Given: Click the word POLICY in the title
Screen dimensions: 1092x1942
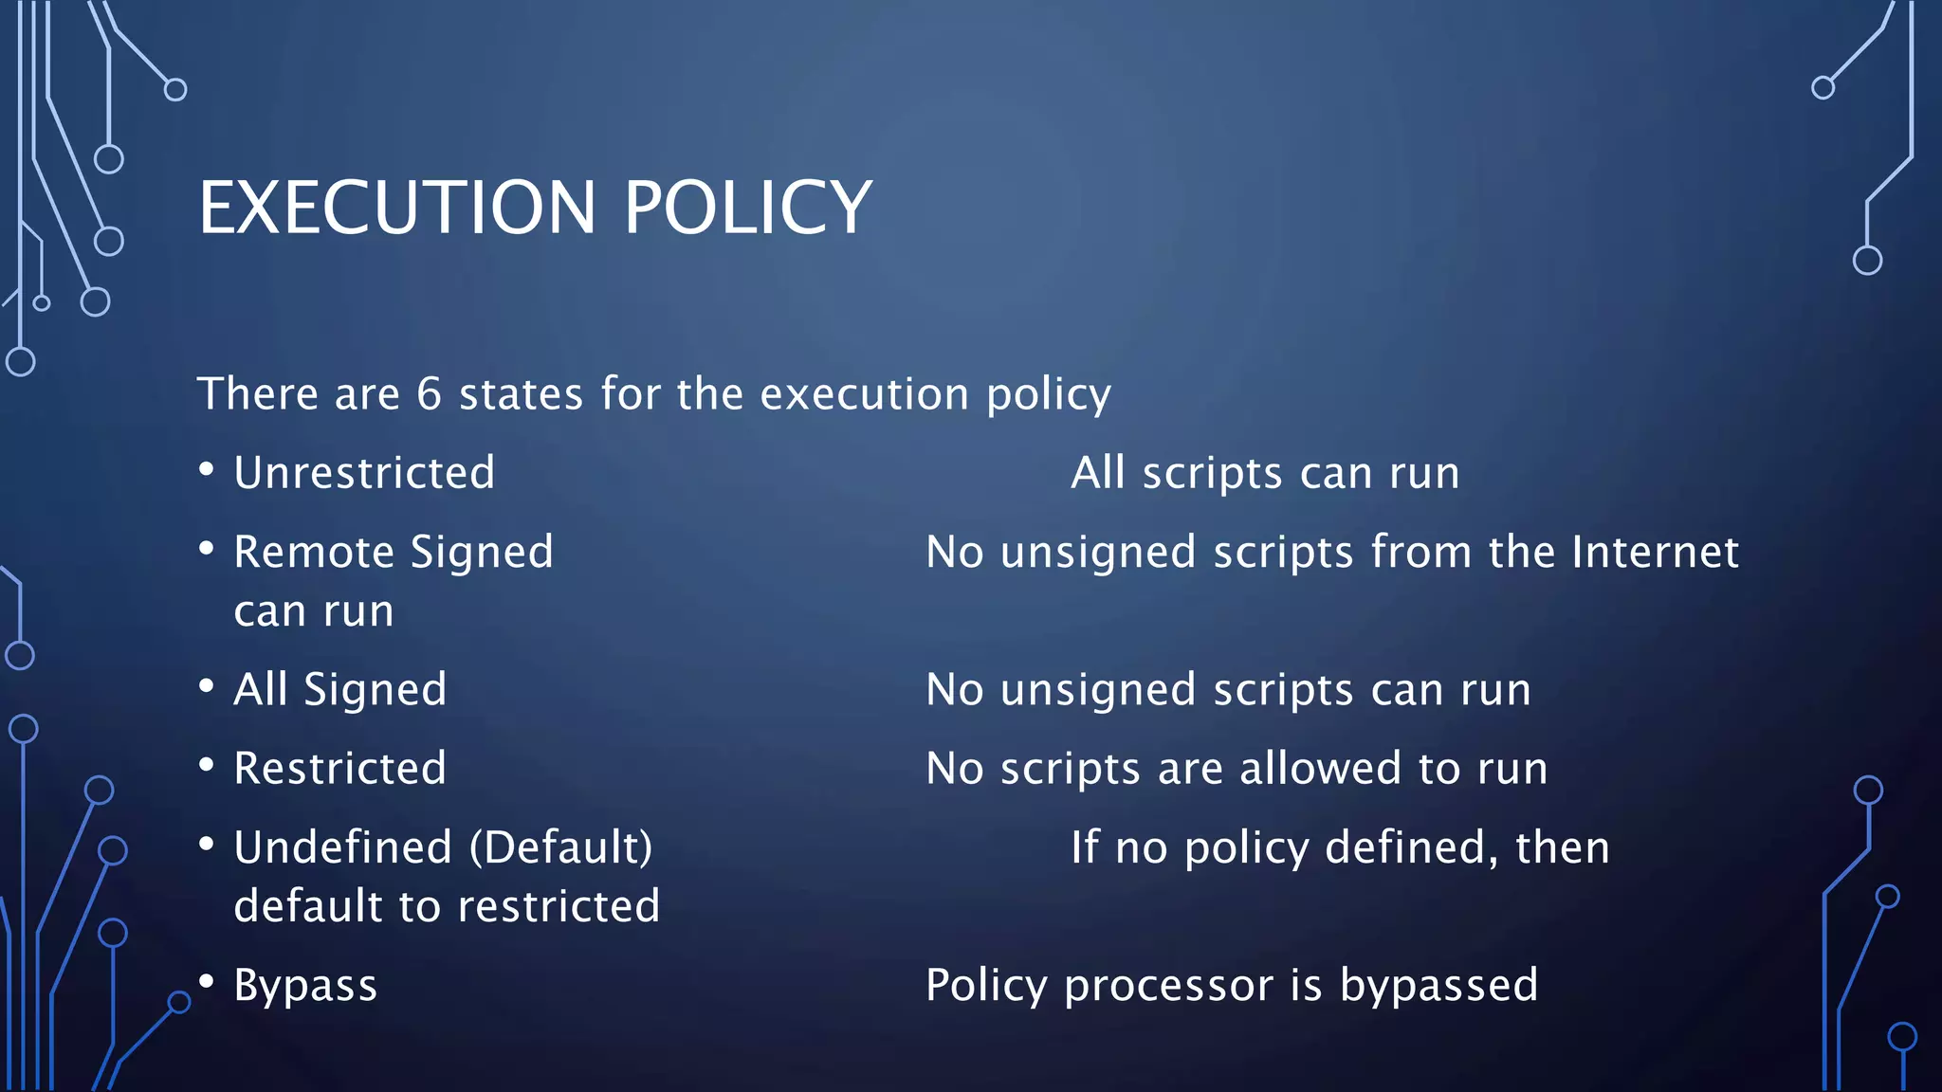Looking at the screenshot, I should click(747, 208).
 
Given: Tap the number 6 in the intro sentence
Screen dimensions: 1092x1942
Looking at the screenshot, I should click(430, 394).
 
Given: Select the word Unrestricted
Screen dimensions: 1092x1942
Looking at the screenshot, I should click(364, 473).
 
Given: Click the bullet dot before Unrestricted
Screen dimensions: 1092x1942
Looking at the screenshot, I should click(207, 469).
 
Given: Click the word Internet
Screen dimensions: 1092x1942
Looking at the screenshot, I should click(1655, 552).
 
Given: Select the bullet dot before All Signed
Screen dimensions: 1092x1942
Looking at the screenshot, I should click(207, 685).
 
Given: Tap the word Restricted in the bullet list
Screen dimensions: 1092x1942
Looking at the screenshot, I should click(339, 768).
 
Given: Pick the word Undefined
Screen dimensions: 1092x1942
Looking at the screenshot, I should click(343, 847).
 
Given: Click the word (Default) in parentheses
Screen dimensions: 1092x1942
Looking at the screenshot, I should click(561, 847).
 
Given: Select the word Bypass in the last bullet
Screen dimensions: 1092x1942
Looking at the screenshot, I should click(305, 986).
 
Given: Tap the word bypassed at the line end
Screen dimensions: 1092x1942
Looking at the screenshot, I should click(1438, 986).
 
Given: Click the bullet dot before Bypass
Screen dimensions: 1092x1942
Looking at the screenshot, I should click(207, 981).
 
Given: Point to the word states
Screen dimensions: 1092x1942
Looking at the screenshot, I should click(521, 394).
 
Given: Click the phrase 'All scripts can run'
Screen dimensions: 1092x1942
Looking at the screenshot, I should click(1265, 473).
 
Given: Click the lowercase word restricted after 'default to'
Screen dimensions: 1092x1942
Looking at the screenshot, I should click(558, 906).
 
